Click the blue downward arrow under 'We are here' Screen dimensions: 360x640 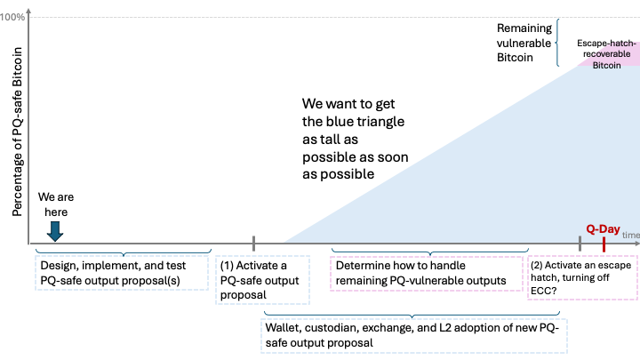[x=55, y=230]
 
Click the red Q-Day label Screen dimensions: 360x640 [x=602, y=228]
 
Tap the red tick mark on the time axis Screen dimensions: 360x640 [x=604, y=243]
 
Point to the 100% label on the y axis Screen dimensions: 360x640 [x=13, y=18]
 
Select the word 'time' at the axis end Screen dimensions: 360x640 [x=630, y=235]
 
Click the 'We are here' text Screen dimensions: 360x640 [x=52, y=205]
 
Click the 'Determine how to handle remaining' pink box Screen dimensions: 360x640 [x=426, y=273]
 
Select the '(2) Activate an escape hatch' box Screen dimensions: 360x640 [x=581, y=279]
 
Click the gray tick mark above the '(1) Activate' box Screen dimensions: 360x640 [x=253, y=243]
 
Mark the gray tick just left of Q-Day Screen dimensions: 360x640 [x=580, y=243]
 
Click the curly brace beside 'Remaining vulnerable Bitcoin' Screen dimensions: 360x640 [x=557, y=43]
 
